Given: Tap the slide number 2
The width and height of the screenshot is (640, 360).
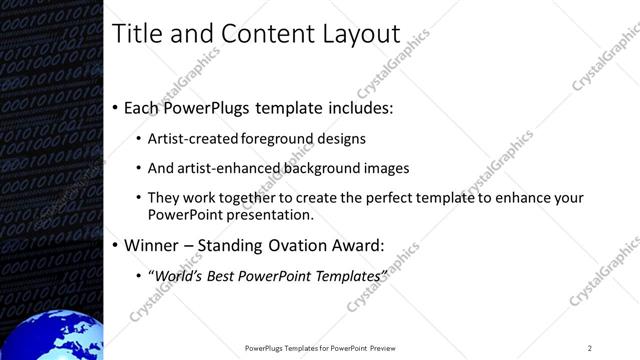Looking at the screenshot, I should coord(589,348).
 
